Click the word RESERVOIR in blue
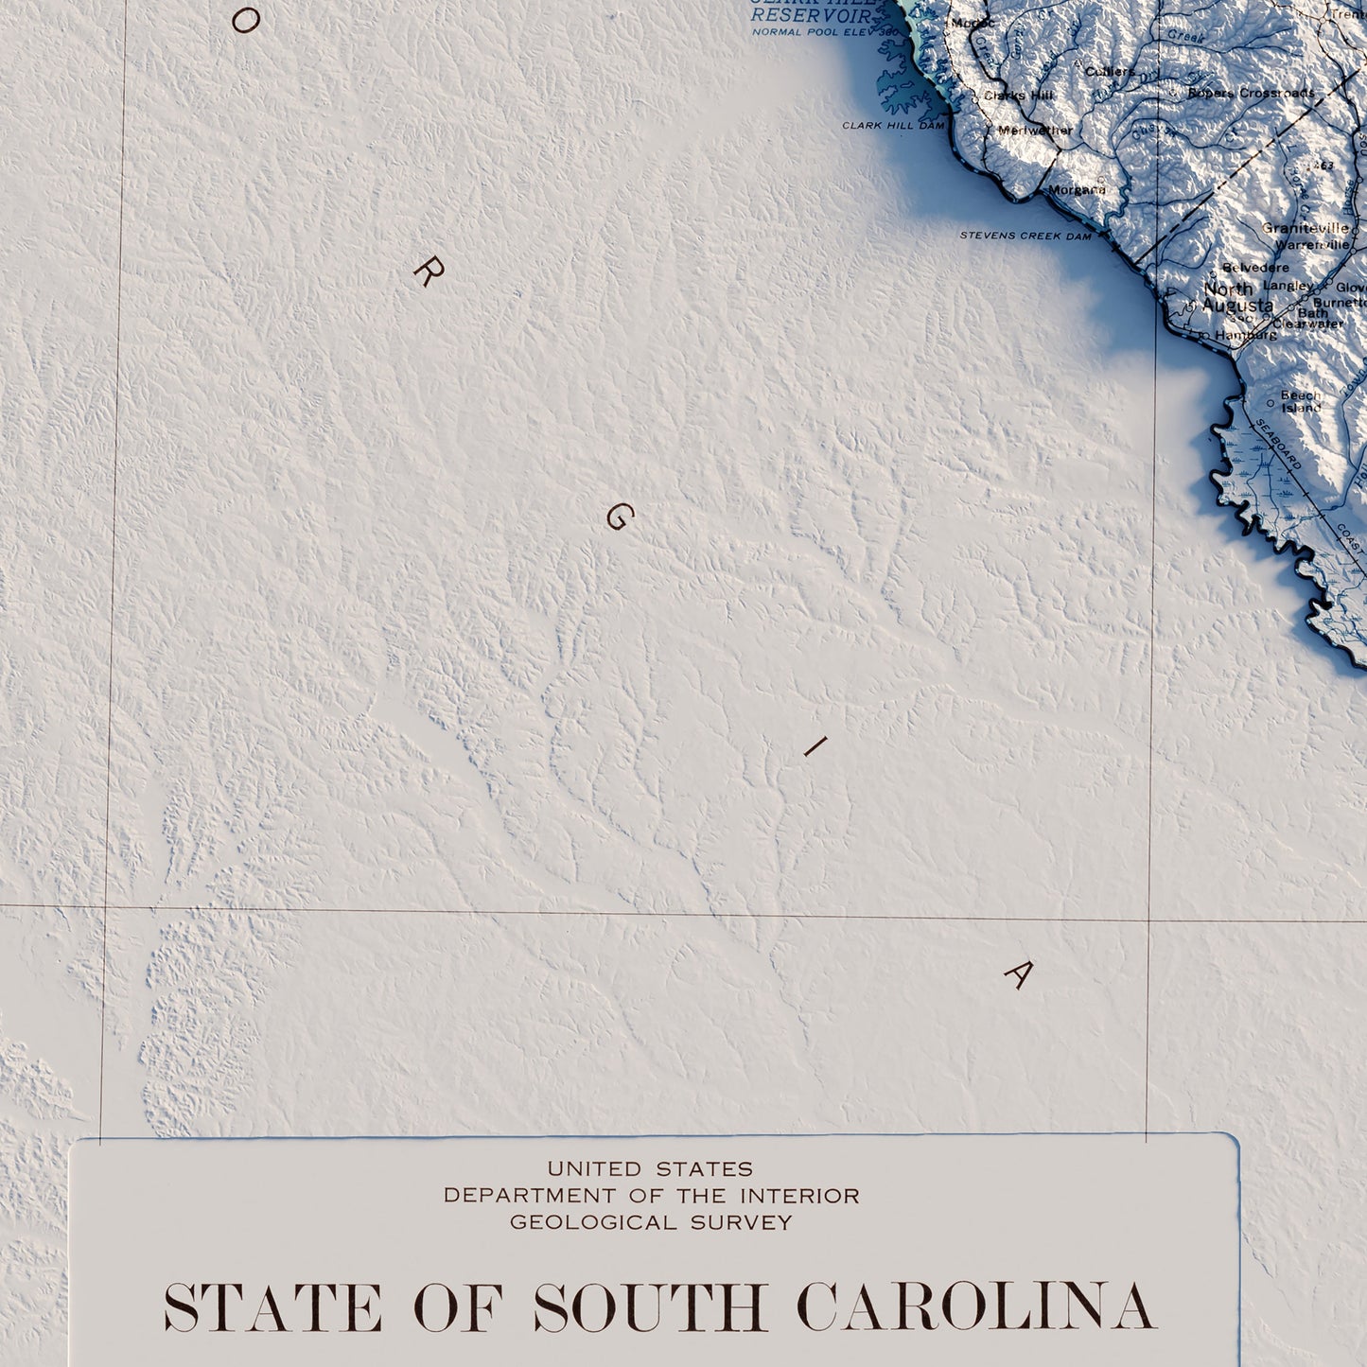(812, 16)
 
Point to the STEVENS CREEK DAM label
(1025, 236)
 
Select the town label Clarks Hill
(1018, 96)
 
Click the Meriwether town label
(1036, 131)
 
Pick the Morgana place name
(1077, 189)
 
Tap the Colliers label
(1110, 72)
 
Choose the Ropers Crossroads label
(1251, 93)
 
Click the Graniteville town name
(1306, 228)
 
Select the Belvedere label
(1255, 268)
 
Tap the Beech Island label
(1301, 402)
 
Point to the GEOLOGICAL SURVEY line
(651, 1222)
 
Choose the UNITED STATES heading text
(650, 1169)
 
